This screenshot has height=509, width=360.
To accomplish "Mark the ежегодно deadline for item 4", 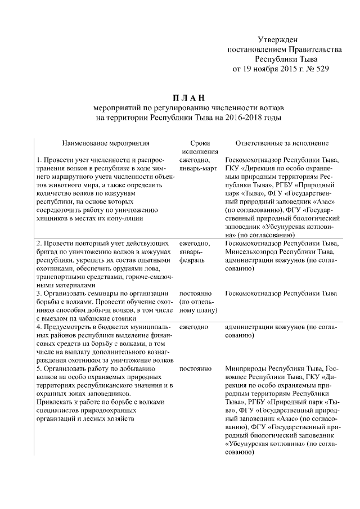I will point(194,326).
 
